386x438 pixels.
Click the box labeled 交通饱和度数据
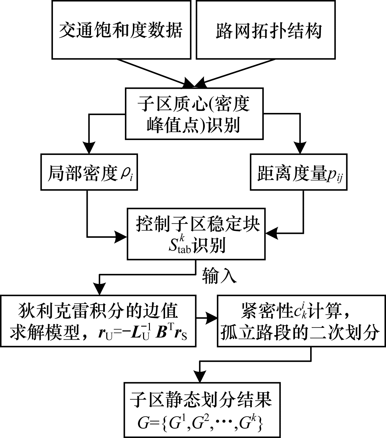(x=121, y=30)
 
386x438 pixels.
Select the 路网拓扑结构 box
(x=266, y=30)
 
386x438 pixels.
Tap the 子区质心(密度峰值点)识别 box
(x=194, y=114)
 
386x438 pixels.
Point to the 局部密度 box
(x=89, y=172)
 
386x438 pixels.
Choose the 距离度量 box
(x=299, y=172)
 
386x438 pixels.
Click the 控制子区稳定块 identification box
(x=196, y=234)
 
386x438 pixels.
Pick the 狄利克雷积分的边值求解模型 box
(x=98, y=321)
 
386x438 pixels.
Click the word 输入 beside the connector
(x=219, y=276)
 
